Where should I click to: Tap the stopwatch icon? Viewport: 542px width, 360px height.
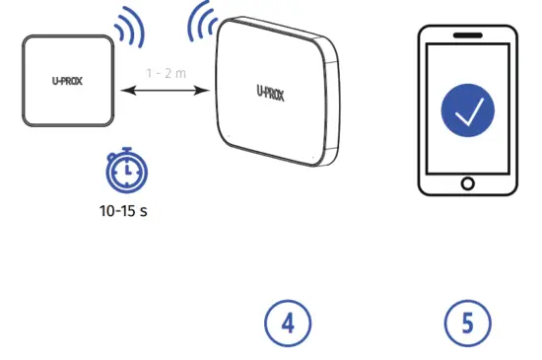click(126, 172)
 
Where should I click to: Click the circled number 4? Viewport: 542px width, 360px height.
click(288, 324)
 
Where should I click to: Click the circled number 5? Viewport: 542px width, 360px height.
click(466, 324)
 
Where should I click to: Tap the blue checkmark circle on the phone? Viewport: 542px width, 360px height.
click(467, 109)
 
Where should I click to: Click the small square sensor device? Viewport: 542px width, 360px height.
click(66, 81)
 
